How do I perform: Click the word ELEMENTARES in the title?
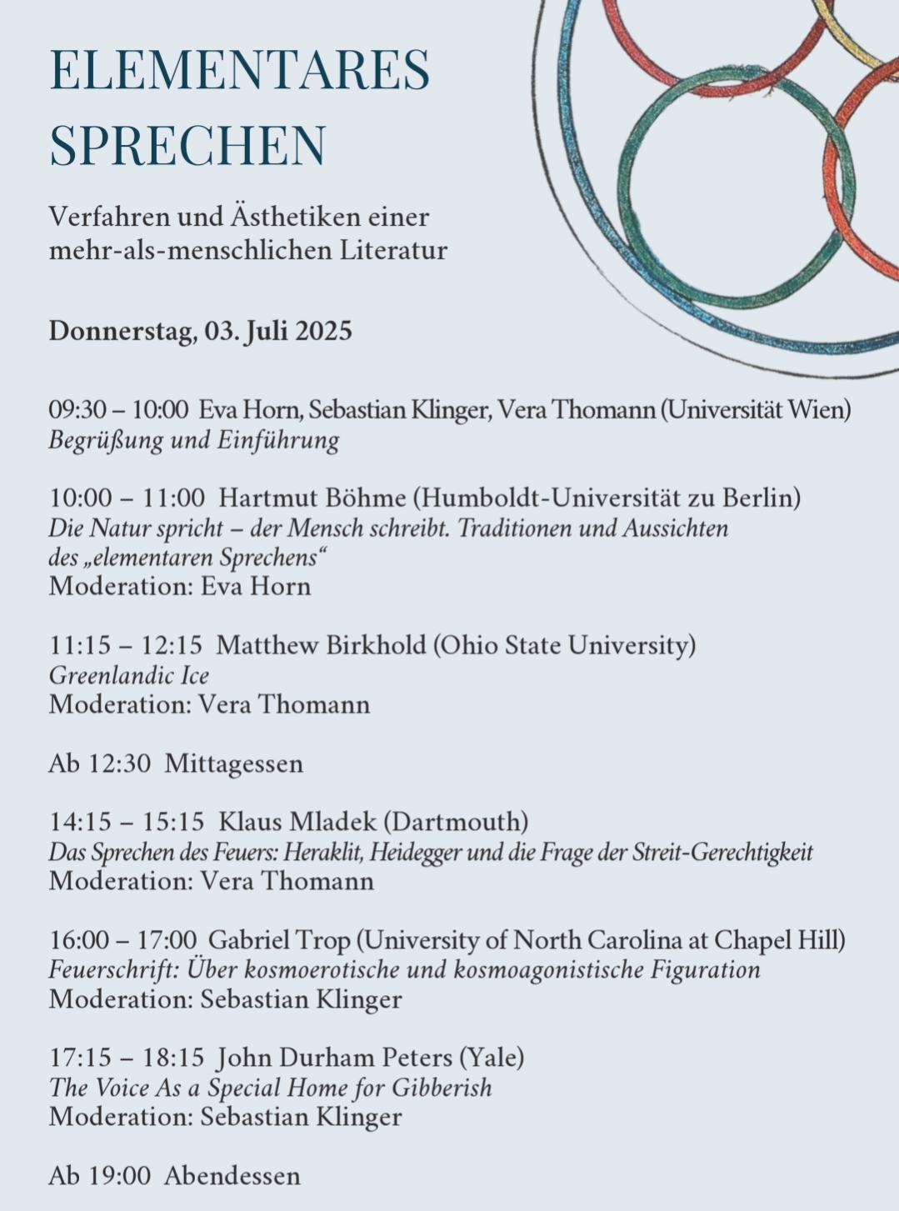point(239,70)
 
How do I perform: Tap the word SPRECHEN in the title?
point(187,144)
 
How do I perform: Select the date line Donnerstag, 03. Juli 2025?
point(200,331)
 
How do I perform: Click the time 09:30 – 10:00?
point(118,410)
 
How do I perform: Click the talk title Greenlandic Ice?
point(128,675)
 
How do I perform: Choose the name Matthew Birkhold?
point(321,646)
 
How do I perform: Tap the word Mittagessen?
point(233,764)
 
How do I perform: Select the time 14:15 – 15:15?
point(127,823)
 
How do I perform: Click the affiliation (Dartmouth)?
point(456,823)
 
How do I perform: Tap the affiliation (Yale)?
point(492,1058)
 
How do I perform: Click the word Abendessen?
point(232,1177)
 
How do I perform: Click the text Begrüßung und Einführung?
point(193,440)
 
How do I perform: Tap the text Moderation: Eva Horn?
point(179,587)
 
